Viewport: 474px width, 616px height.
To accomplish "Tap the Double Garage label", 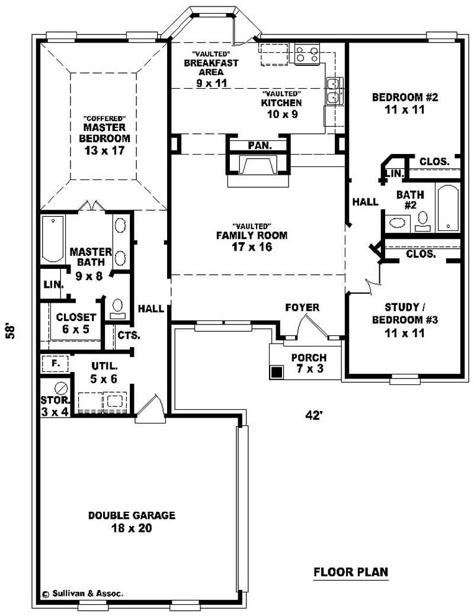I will click(132, 522).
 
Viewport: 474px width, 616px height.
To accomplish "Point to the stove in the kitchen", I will click(307, 54).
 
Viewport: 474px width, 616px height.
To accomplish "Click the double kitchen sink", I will click(334, 91).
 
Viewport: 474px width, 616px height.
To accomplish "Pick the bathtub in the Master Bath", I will click(53, 239).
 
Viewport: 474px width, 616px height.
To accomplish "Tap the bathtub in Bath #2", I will click(448, 207).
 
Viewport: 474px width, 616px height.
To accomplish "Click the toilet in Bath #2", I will click(422, 220).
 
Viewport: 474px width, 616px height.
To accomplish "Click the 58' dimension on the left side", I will click(10, 331).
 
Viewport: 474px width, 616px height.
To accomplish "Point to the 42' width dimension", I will click(313, 415).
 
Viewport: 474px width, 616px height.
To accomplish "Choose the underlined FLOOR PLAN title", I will click(351, 572).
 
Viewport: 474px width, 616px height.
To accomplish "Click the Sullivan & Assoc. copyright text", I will click(83, 592).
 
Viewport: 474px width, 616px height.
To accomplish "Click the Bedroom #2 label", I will click(404, 103).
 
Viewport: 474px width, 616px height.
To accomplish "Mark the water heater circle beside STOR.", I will click(60, 388).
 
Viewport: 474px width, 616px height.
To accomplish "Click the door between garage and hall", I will click(150, 408).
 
